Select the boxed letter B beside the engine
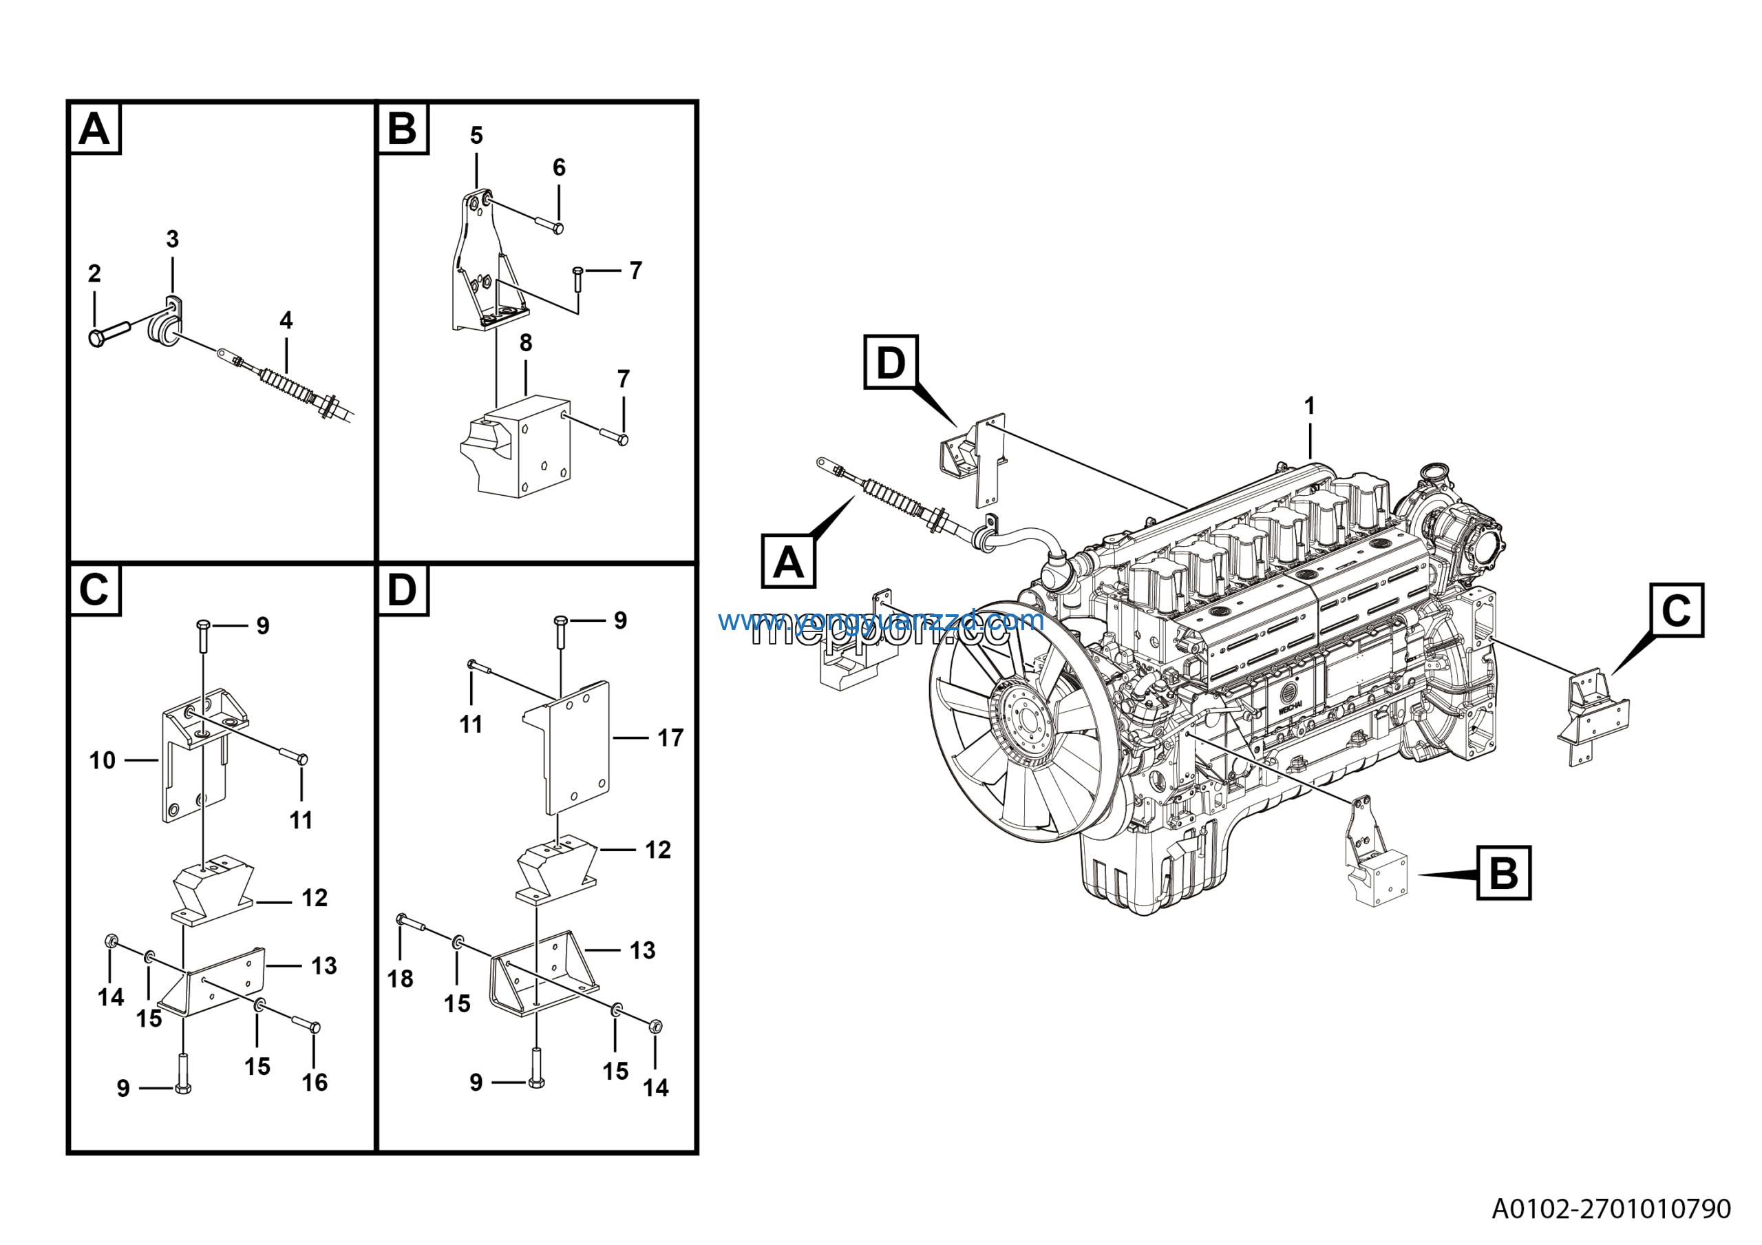[1503, 872]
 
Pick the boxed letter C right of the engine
[1676, 610]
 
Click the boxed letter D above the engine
[890, 362]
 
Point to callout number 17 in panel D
[670, 737]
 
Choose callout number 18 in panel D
[400, 979]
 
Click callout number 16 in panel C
[315, 1082]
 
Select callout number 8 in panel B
[526, 342]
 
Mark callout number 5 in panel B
[476, 135]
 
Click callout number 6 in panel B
[560, 167]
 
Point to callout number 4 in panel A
[286, 320]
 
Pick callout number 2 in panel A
[94, 273]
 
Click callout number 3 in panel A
[173, 239]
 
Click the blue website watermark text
[880, 620]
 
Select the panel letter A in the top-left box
[95, 129]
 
